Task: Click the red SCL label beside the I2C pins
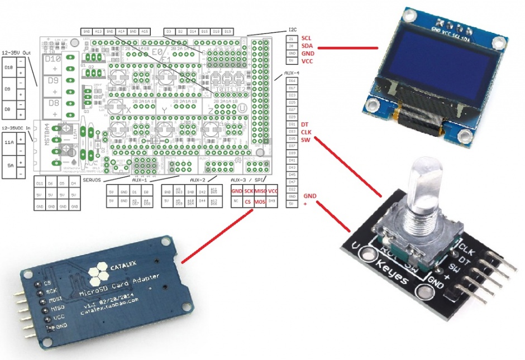click(x=307, y=39)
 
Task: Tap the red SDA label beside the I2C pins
click(x=307, y=46)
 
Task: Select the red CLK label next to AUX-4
click(x=306, y=132)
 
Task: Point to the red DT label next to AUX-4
click(x=304, y=124)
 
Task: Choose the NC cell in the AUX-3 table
click(x=236, y=201)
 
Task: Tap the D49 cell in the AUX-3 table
click(x=273, y=201)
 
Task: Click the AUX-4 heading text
click(x=292, y=74)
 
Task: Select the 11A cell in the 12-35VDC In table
click(x=8, y=143)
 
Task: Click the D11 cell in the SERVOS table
click(x=40, y=184)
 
